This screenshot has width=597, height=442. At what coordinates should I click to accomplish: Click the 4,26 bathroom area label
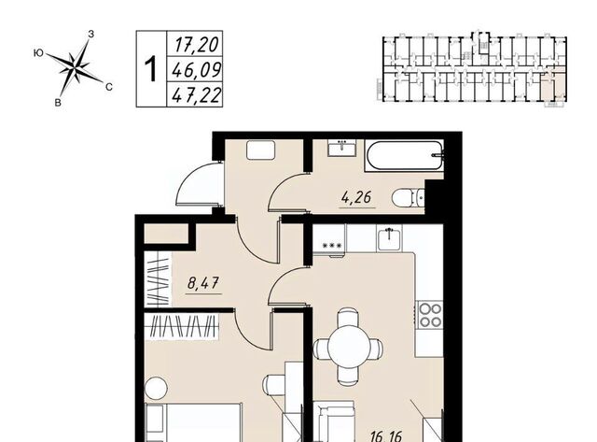click(x=356, y=198)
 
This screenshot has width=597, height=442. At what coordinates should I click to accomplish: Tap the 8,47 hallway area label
click(x=203, y=283)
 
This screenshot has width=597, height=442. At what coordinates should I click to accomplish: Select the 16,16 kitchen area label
click(x=385, y=436)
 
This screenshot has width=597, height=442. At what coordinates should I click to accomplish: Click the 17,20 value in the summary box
click(x=197, y=45)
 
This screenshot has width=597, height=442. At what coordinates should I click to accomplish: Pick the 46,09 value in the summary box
click(x=196, y=70)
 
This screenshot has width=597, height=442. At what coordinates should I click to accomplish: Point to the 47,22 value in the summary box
click(x=196, y=95)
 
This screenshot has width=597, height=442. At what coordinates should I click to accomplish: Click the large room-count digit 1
click(x=151, y=69)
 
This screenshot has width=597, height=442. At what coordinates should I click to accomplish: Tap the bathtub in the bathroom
click(x=404, y=156)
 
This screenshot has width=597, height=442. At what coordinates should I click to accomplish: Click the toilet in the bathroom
click(x=409, y=198)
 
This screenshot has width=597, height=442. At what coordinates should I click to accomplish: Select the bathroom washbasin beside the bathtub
click(x=342, y=148)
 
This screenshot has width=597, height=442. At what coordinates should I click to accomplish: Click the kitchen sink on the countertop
click(x=390, y=238)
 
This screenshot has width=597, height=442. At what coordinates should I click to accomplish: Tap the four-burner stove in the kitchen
click(x=431, y=316)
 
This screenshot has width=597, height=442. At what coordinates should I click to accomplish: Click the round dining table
click(x=348, y=347)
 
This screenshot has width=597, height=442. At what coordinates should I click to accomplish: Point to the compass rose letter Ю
click(x=38, y=53)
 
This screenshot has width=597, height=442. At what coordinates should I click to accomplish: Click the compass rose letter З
click(x=90, y=34)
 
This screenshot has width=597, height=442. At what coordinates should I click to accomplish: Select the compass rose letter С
click(x=109, y=87)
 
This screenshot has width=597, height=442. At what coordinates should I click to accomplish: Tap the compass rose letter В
click(x=58, y=102)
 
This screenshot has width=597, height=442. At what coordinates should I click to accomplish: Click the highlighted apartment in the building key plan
click(x=548, y=86)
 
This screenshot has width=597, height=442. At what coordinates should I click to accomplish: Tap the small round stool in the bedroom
click(x=156, y=388)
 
